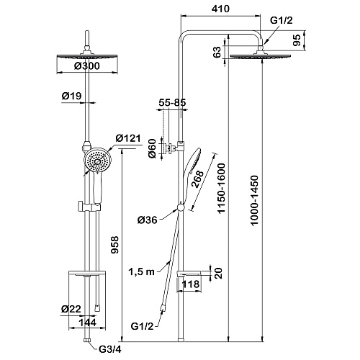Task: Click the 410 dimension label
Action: coord(220,9)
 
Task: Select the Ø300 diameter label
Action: coord(86,66)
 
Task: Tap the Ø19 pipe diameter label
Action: coord(71,96)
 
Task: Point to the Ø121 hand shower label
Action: coord(128,138)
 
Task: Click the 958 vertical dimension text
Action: coord(115,245)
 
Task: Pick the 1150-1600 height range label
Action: coord(221,188)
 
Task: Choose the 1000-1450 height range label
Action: coord(254,200)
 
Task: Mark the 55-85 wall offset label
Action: coord(172,102)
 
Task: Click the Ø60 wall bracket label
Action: coord(152,148)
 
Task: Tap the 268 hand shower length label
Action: coord(197,180)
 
